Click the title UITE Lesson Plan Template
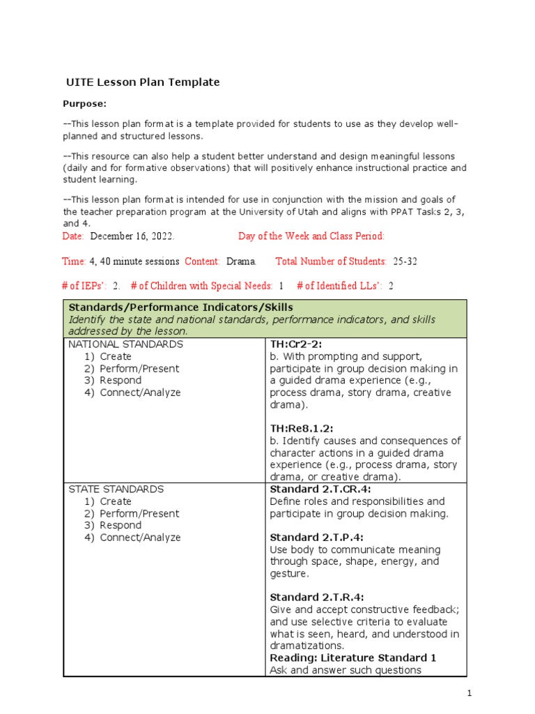(x=143, y=82)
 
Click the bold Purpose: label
(x=84, y=104)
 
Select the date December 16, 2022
(x=132, y=236)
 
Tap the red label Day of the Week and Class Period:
(x=311, y=236)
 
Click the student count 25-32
(x=405, y=261)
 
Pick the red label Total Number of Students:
(x=331, y=261)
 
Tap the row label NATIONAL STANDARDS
(x=126, y=344)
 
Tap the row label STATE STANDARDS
(x=116, y=489)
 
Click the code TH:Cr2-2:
(x=296, y=344)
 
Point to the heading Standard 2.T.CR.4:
(x=318, y=489)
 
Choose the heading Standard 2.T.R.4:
(x=316, y=598)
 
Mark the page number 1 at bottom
(x=470, y=694)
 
